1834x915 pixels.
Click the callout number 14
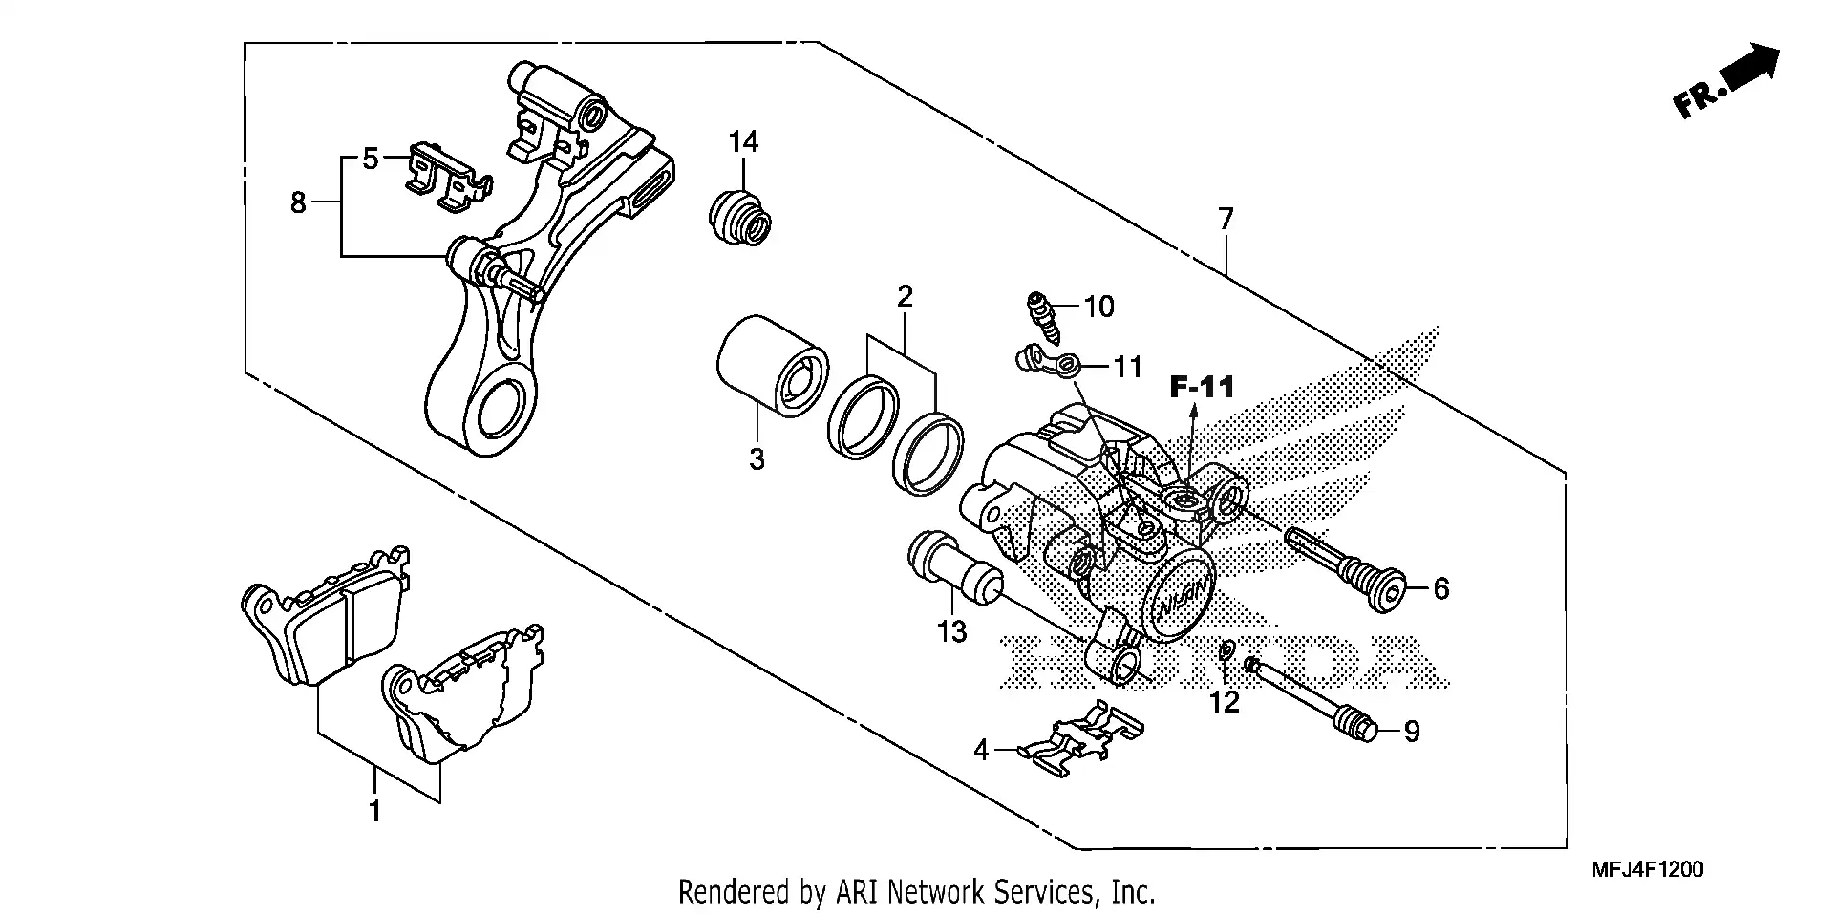tap(743, 142)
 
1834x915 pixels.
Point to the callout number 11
tap(1127, 367)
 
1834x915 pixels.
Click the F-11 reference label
tap(1203, 387)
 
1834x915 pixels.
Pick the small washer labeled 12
tap(1225, 650)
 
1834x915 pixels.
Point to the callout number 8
tap(298, 202)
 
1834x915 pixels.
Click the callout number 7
tap(1226, 219)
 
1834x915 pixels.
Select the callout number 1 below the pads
tap(375, 812)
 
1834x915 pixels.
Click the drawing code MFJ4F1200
tap(1647, 870)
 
